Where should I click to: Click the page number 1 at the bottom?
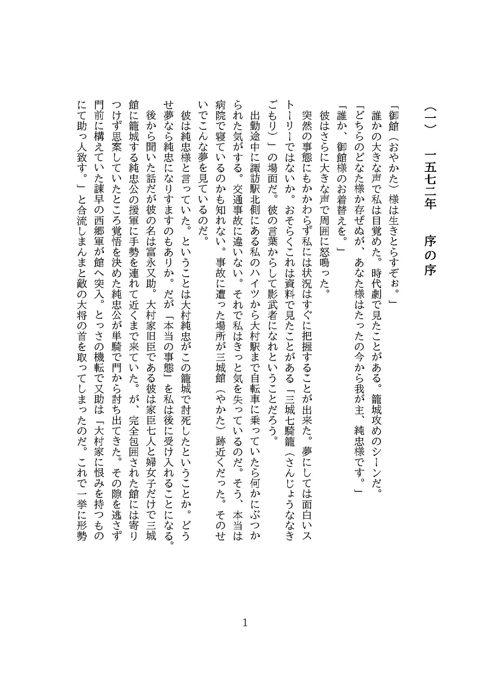pos(244,634)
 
